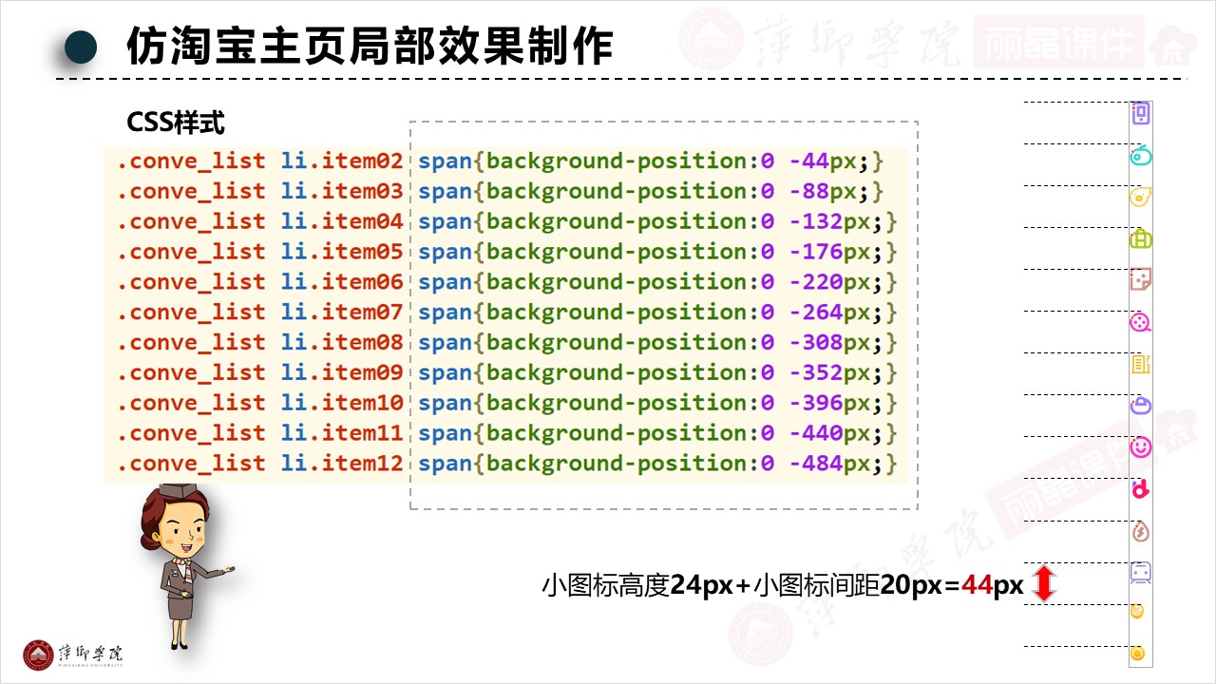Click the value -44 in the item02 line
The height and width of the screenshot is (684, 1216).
coord(808,161)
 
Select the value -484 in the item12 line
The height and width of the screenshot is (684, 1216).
coord(815,465)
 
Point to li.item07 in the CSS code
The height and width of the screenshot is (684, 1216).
coord(342,313)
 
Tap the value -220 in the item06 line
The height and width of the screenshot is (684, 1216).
coord(815,282)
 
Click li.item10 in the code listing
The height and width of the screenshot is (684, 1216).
coord(342,404)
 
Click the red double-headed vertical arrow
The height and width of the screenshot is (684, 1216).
coord(1043,583)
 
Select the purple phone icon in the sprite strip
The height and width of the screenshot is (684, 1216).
coord(1141,114)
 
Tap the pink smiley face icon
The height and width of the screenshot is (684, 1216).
coord(1141,446)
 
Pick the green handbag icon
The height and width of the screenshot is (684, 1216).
coord(1141,238)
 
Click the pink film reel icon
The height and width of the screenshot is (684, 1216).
coord(1140,323)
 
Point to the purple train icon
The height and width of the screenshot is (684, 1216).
coord(1141,572)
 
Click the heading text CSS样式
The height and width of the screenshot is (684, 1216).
coord(176,123)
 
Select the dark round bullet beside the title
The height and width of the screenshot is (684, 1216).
coord(82,47)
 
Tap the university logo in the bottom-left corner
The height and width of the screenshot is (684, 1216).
coord(39,654)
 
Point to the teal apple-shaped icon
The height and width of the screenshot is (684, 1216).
coord(1141,155)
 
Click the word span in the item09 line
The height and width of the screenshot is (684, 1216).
coord(445,373)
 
